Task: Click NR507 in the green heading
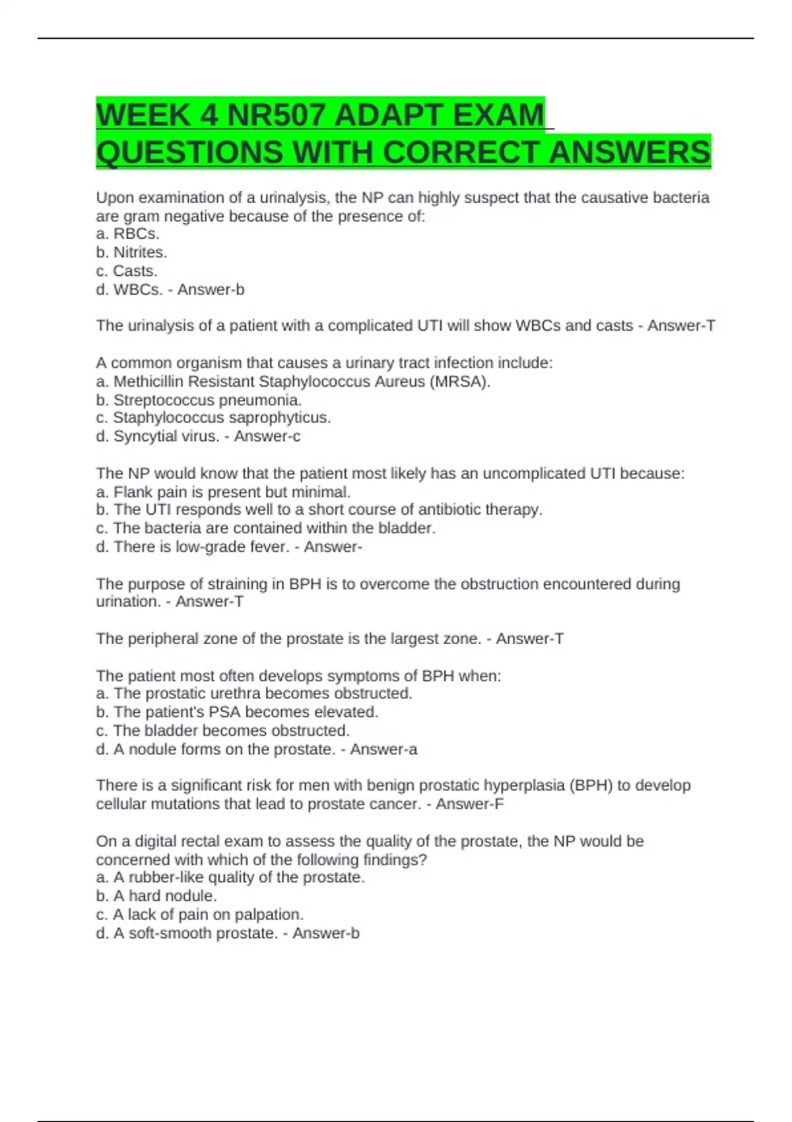coord(277,116)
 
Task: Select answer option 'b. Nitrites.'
coord(131,252)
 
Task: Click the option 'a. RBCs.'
coord(127,234)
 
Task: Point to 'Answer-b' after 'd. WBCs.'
coord(211,290)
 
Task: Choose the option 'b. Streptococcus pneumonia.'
coord(199,400)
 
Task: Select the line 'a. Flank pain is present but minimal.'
coord(223,492)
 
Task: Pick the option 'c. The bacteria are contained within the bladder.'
coord(265,528)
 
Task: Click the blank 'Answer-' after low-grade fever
coord(333,546)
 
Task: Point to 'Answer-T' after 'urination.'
coord(209,602)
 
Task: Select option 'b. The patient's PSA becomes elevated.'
coord(237,712)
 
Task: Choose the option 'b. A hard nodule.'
coord(156,896)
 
